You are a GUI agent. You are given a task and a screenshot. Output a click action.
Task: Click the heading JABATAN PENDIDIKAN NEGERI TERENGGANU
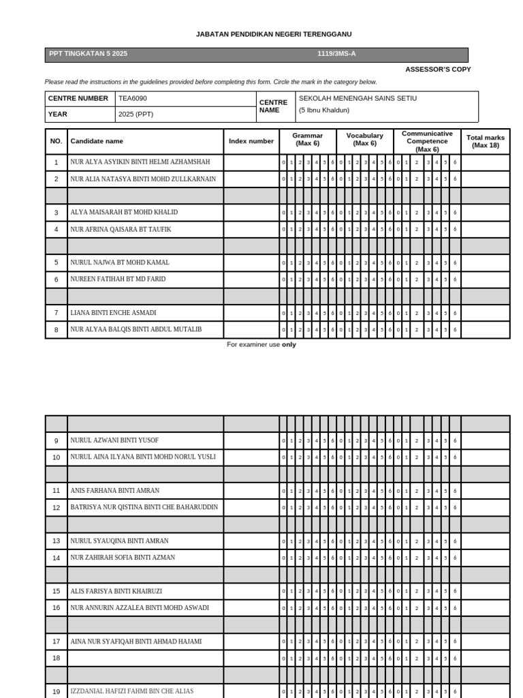[x=264, y=34]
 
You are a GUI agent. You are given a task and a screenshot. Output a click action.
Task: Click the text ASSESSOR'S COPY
[x=438, y=70]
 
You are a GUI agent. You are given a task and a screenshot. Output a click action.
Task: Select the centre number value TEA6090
[x=133, y=98]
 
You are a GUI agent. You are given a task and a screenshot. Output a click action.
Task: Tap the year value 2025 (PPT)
[x=136, y=114]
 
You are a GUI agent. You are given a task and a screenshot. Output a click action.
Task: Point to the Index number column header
[x=251, y=141]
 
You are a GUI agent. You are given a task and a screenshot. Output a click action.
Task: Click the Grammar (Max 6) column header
[x=308, y=140]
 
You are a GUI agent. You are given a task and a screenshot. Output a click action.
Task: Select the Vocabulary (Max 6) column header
[x=364, y=140]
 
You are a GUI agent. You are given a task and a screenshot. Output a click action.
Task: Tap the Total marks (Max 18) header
[x=485, y=141]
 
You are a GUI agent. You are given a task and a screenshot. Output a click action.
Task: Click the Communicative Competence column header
[x=427, y=141]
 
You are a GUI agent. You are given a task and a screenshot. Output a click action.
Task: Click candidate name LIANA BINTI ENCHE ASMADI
[x=113, y=313]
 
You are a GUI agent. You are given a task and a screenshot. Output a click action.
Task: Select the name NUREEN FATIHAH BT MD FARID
[x=118, y=279]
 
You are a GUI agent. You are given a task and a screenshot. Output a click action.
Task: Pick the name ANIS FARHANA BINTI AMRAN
[x=115, y=491]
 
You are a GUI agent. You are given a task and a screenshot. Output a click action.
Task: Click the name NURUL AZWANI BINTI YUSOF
[x=114, y=440]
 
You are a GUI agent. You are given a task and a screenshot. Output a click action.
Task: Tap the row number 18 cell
[x=57, y=658]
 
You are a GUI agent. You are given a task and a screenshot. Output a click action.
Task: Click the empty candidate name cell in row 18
[x=145, y=658]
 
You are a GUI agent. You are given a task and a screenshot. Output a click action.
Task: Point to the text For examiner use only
[x=261, y=345]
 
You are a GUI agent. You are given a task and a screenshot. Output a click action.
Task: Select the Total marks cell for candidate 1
[x=485, y=162]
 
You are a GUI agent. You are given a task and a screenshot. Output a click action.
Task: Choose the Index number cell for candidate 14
[x=251, y=558]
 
